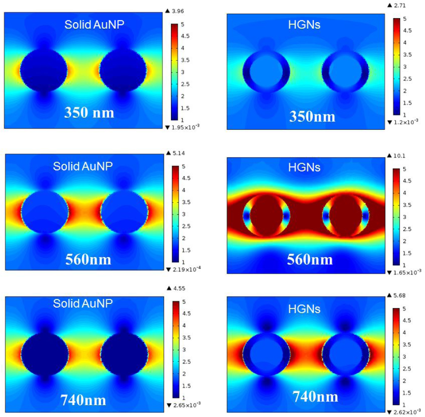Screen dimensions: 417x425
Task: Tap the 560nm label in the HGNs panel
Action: [x=310, y=259]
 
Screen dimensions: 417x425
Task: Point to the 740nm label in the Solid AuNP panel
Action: [x=83, y=400]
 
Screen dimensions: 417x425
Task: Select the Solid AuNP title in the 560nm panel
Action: [x=83, y=166]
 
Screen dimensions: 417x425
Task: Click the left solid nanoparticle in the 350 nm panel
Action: [x=44, y=70]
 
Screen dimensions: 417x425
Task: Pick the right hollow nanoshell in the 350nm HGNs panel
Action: [x=345, y=71]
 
